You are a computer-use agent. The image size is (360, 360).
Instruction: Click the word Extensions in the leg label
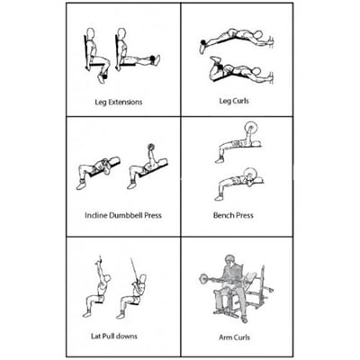pyautogui.click(x=125, y=102)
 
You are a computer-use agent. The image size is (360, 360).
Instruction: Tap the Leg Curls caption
pyautogui.click(x=234, y=101)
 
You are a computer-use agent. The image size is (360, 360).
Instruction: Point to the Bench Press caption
pyautogui.click(x=233, y=215)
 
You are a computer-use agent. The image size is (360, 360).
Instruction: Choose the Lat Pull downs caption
pyautogui.click(x=114, y=336)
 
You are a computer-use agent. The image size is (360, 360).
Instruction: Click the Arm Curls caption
pyautogui.click(x=234, y=337)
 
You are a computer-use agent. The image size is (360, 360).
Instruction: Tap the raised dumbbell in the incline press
pyautogui.click(x=151, y=148)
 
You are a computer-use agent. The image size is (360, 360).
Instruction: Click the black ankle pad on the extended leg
pyautogui.click(x=153, y=58)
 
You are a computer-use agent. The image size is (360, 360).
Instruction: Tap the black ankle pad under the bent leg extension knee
pyautogui.click(x=104, y=76)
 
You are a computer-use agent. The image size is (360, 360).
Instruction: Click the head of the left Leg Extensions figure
pyautogui.click(x=90, y=32)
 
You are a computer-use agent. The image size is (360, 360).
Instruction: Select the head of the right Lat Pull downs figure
pyautogui.click(x=143, y=279)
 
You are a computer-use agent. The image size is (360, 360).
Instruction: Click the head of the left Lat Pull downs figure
pyautogui.click(x=107, y=280)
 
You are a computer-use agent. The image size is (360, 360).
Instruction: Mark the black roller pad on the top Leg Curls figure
pyautogui.click(x=203, y=41)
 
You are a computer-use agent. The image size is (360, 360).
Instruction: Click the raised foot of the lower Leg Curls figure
pyautogui.click(x=215, y=59)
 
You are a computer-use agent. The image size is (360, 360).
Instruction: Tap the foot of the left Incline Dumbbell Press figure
pyautogui.click(x=80, y=185)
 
